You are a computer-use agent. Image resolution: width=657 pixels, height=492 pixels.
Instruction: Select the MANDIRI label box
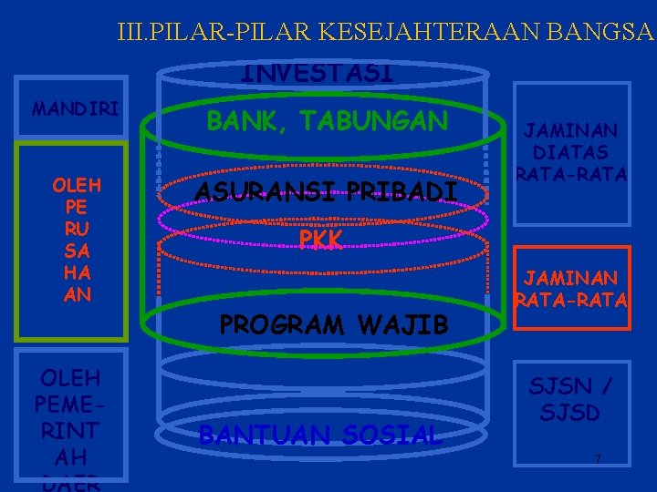pyautogui.click(x=75, y=109)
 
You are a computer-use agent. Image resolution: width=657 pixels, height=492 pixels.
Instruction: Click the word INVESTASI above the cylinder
pyautogui.click(x=318, y=72)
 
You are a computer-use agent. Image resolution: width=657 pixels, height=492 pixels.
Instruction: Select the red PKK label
pyautogui.click(x=320, y=239)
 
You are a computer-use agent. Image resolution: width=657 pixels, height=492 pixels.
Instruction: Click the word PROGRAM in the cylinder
pyautogui.click(x=280, y=323)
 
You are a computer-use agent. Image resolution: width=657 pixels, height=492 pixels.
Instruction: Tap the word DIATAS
pyautogui.click(x=571, y=152)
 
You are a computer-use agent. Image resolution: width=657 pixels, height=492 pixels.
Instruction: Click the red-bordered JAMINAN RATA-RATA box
pyautogui.click(x=570, y=288)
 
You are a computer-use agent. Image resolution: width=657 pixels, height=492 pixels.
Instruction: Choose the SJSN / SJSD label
pyautogui.click(x=570, y=399)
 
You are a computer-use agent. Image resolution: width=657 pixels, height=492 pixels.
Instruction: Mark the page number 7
pyautogui.click(x=597, y=458)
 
